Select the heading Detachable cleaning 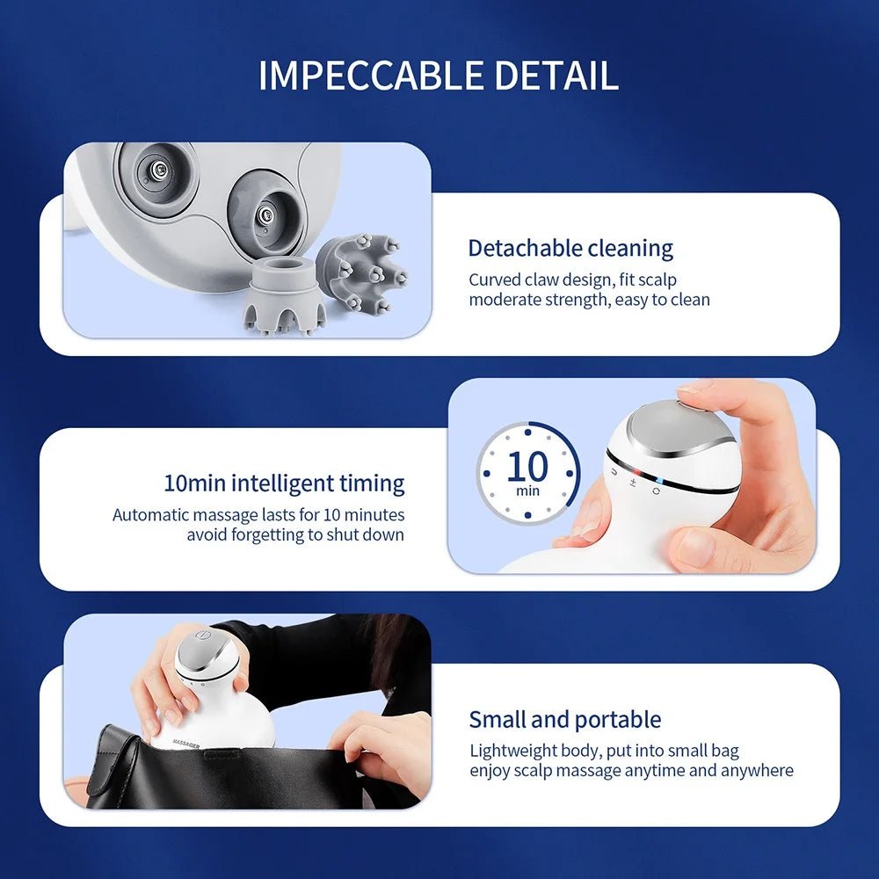coord(570,248)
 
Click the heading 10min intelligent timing coord(284,483)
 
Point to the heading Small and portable coord(564,719)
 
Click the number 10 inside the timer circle coord(527,466)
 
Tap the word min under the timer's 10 coord(528,490)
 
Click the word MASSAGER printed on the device coord(186,745)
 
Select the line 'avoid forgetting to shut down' coord(295,534)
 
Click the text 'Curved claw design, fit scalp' coord(572,280)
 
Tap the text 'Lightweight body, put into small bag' coord(604,751)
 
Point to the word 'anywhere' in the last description coord(757,771)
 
